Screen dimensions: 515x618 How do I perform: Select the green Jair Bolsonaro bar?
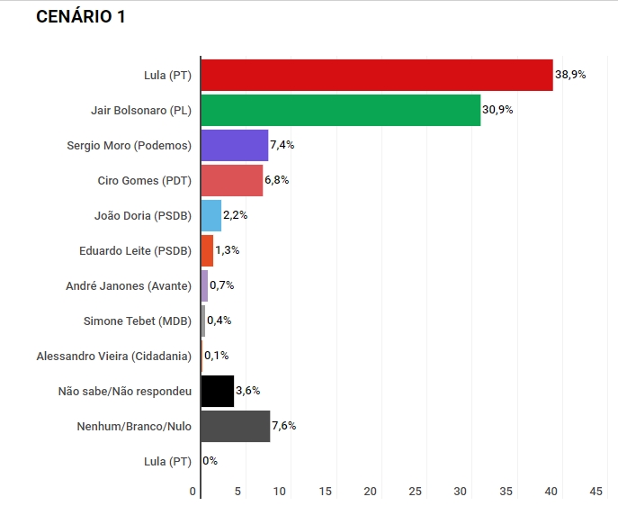coord(340,110)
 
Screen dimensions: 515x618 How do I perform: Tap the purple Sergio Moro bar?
coord(234,145)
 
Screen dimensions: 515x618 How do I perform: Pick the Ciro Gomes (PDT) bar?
coord(231,180)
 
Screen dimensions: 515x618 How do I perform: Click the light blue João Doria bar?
coord(210,215)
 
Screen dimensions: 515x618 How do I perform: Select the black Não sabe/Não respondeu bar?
coord(217,391)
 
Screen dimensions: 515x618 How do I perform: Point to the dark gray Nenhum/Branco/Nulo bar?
coord(235,426)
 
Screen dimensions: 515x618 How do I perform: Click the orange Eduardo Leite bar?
coord(207,250)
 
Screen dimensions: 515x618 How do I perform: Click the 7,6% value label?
coord(283,426)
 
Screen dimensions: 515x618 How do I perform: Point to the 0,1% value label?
coord(216,356)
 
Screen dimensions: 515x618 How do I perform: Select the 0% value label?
coord(210,461)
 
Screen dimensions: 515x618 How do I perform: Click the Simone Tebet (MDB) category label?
coord(137,321)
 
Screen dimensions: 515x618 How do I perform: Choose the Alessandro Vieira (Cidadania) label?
coord(113,356)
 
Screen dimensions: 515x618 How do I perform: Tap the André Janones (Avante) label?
coord(129,285)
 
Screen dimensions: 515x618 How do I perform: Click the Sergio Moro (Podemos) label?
coord(130,145)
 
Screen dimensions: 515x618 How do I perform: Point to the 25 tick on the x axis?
coord(416,492)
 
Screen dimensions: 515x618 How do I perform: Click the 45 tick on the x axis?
coord(596,492)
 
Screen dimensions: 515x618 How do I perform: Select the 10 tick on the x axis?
coord(280,492)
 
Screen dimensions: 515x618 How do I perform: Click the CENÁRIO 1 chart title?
coord(80,17)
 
